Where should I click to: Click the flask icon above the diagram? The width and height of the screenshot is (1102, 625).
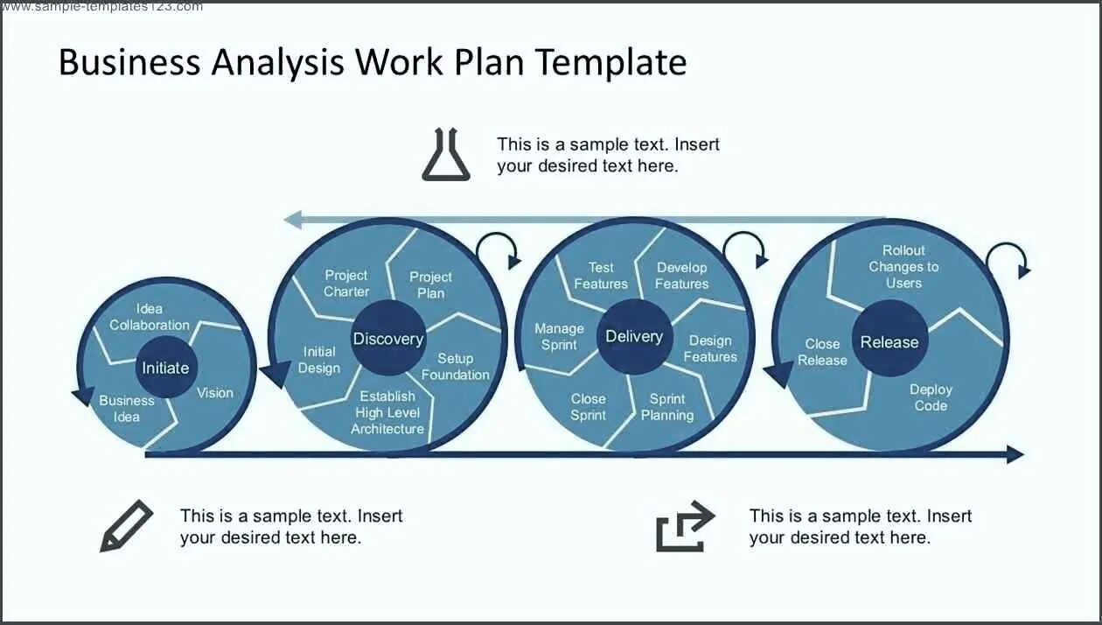pyautogui.click(x=446, y=155)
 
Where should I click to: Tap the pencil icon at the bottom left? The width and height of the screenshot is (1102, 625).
pyautogui.click(x=126, y=526)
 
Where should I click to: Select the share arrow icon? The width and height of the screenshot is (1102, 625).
pyautogui.click(x=685, y=527)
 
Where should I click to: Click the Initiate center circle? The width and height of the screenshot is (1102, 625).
pyautogui.click(x=166, y=368)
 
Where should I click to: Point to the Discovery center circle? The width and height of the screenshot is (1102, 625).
pyautogui.click(x=387, y=339)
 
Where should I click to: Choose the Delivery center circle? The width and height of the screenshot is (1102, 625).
pyautogui.click(x=634, y=337)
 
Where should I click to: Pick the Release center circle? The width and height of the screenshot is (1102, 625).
pyautogui.click(x=889, y=342)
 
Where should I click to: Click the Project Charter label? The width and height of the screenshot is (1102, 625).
pyautogui.click(x=346, y=284)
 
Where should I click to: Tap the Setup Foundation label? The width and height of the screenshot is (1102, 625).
pyautogui.click(x=456, y=367)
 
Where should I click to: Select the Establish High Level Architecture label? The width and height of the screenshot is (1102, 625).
pyautogui.click(x=387, y=412)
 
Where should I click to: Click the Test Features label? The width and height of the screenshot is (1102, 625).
pyautogui.click(x=601, y=276)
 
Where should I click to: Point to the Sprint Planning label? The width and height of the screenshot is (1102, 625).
pyautogui.click(x=667, y=407)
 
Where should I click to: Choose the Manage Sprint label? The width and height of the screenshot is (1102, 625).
pyautogui.click(x=559, y=336)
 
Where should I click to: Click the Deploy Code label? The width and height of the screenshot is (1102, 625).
pyautogui.click(x=931, y=397)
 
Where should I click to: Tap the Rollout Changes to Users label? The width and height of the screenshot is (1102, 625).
pyautogui.click(x=903, y=266)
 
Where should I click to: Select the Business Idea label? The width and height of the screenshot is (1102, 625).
pyautogui.click(x=127, y=409)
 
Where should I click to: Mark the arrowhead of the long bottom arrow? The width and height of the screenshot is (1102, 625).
pyautogui.click(x=1015, y=454)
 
